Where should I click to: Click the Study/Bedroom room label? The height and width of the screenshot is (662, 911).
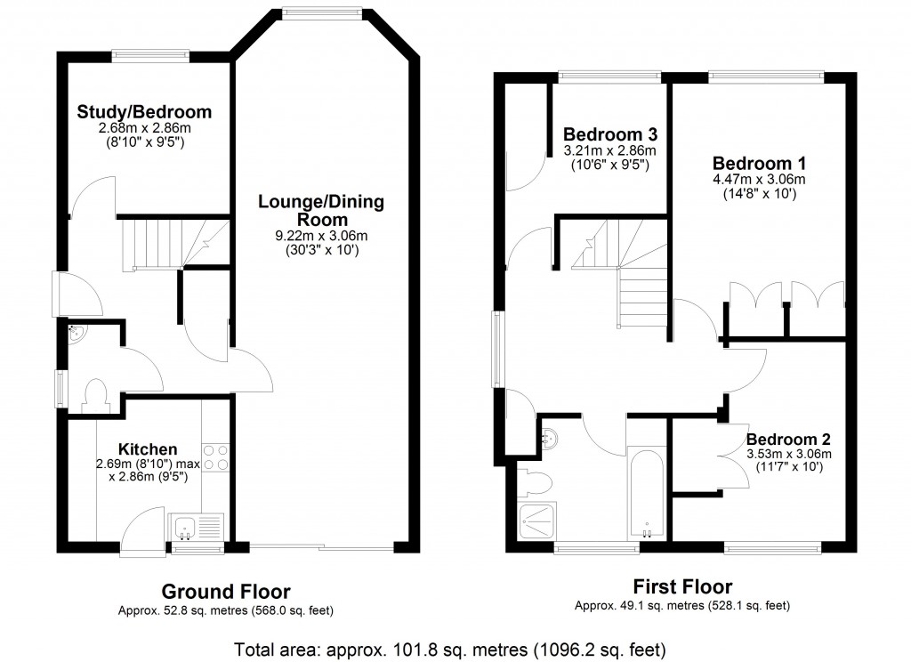pyautogui.click(x=144, y=112)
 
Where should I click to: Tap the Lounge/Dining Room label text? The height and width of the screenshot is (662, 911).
pyautogui.click(x=321, y=211)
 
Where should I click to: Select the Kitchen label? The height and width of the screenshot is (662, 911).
pyautogui.click(x=149, y=449)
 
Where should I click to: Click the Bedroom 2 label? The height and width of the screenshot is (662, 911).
pyautogui.click(x=788, y=440)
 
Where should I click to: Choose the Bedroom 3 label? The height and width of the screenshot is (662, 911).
pyautogui.click(x=610, y=135)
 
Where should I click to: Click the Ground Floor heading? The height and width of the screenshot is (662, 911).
pyautogui.click(x=225, y=592)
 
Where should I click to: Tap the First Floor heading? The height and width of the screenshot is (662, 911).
pyautogui.click(x=682, y=587)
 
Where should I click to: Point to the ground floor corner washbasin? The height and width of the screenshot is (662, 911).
pyautogui.click(x=77, y=335)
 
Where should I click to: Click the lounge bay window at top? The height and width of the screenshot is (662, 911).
pyautogui.click(x=323, y=12)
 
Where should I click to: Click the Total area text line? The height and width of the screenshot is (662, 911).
pyautogui.click(x=449, y=648)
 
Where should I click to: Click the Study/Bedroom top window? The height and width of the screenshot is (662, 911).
pyautogui.click(x=150, y=56)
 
